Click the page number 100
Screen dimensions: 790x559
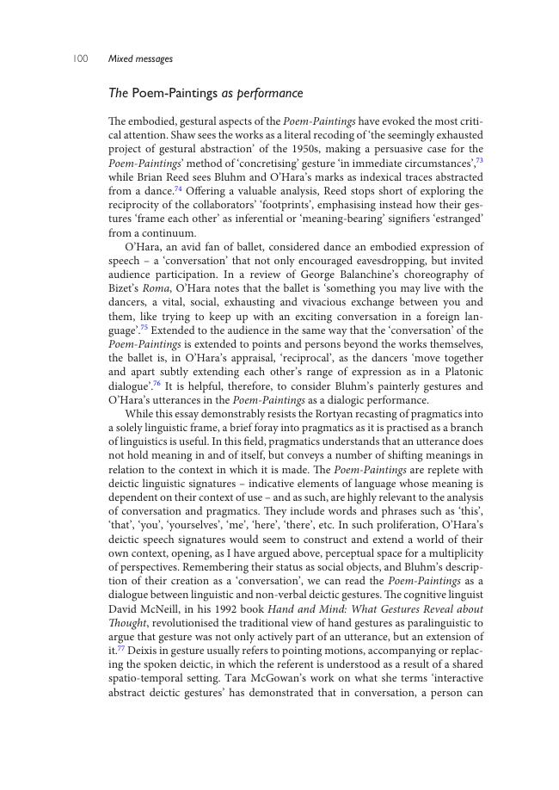point(80,59)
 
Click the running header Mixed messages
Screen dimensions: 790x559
point(140,59)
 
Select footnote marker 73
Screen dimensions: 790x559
point(479,160)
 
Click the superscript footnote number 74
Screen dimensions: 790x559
point(179,188)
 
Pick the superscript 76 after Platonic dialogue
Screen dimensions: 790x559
point(157,383)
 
